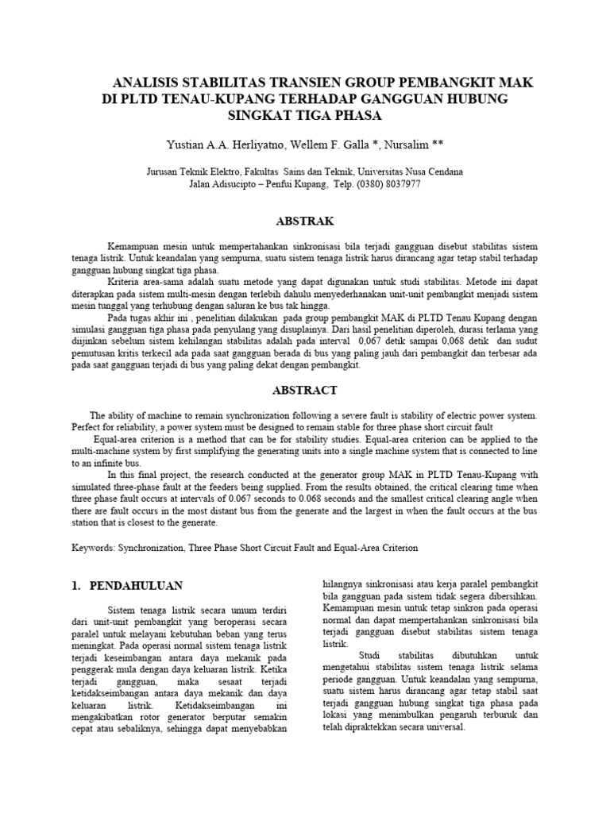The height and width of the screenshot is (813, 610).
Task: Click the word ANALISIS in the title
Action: pos(149,83)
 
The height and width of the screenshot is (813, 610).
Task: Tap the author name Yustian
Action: pos(185,145)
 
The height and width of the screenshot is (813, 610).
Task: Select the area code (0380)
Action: pos(352,183)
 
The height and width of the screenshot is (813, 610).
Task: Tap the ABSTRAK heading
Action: pos(304,221)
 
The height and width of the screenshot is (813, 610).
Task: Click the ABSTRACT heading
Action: pos(306,390)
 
